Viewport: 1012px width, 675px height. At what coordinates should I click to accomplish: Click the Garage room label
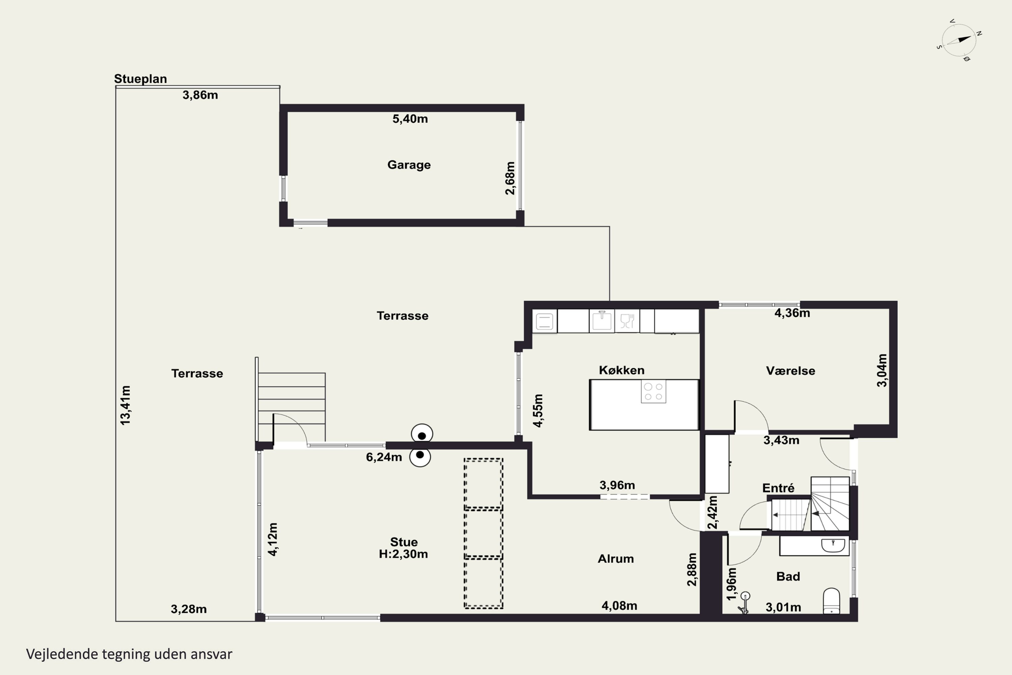click(x=409, y=165)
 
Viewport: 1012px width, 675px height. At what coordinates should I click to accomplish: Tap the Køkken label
click(x=622, y=370)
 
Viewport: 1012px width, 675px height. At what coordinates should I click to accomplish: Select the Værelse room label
click(x=790, y=371)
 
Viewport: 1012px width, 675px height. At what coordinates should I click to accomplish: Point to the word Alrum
click(x=616, y=559)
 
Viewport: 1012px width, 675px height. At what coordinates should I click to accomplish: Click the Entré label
click(x=778, y=488)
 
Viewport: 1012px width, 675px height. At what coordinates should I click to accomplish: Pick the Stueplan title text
click(x=140, y=79)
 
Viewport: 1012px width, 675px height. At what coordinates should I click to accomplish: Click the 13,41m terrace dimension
click(x=125, y=406)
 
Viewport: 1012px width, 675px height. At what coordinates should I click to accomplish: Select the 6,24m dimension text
click(x=384, y=457)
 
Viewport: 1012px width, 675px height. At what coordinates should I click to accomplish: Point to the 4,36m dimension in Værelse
click(x=792, y=313)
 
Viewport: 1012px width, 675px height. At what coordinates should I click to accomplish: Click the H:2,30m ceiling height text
click(x=403, y=554)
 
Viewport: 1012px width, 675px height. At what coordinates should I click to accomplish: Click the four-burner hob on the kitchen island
click(x=653, y=391)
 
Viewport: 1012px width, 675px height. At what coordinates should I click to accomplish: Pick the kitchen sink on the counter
click(x=601, y=320)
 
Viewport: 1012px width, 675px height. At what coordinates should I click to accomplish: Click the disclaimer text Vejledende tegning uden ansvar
click(x=129, y=654)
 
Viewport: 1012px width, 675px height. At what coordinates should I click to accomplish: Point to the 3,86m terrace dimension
click(x=200, y=95)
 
